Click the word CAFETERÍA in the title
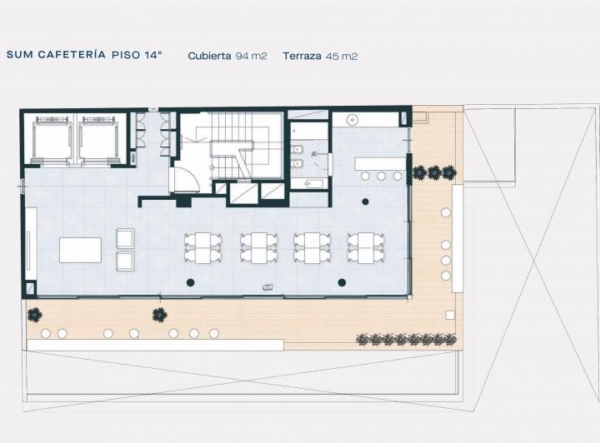(72, 55)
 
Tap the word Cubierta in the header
(209, 56)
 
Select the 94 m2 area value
(251, 56)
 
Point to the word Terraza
(302, 56)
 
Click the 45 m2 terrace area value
(342, 56)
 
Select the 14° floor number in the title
(153, 55)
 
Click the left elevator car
(52, 140)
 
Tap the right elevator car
(97, 140)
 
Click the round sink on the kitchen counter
(352, 120)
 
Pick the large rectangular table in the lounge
(80, 250)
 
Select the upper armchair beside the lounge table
(125, 238)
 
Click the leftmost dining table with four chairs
(202, 248)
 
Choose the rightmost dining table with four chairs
(366, 248)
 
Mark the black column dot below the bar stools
(366, 202)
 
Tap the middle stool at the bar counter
(381, 176)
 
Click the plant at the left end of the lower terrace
(35, 315)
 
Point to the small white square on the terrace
(450, 315)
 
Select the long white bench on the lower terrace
(155, 345)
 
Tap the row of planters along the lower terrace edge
(407, 339)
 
